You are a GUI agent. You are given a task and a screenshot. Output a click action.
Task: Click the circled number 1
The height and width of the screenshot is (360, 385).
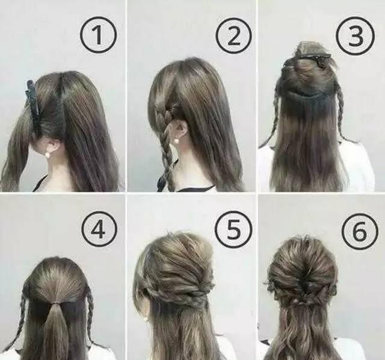(x=97, y=36)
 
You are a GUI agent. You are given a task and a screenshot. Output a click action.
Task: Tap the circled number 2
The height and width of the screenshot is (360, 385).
(x=234, y=36)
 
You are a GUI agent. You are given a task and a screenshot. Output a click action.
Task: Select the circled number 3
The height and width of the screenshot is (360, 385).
(x=356, y=35)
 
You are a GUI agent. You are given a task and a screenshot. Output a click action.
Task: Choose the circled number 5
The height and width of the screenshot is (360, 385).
(x=234, y=229)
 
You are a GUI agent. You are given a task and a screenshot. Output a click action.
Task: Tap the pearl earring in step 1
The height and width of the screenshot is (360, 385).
(x=48, y=154)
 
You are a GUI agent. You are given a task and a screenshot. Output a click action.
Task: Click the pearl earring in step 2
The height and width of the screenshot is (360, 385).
(x=176, y=141)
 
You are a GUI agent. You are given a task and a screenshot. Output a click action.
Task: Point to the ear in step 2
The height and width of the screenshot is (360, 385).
(x=179, y=129)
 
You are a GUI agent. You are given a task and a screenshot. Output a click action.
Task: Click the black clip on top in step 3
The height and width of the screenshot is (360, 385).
(x=308, y=59)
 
